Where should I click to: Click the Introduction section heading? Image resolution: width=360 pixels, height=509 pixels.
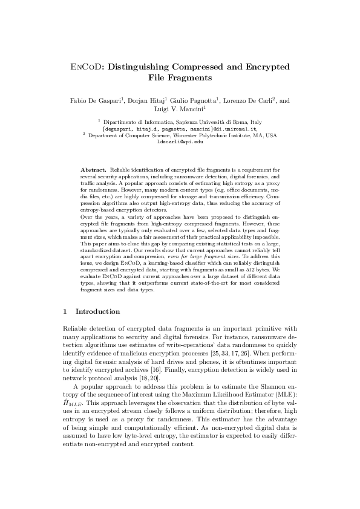click(x=98, y=311)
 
